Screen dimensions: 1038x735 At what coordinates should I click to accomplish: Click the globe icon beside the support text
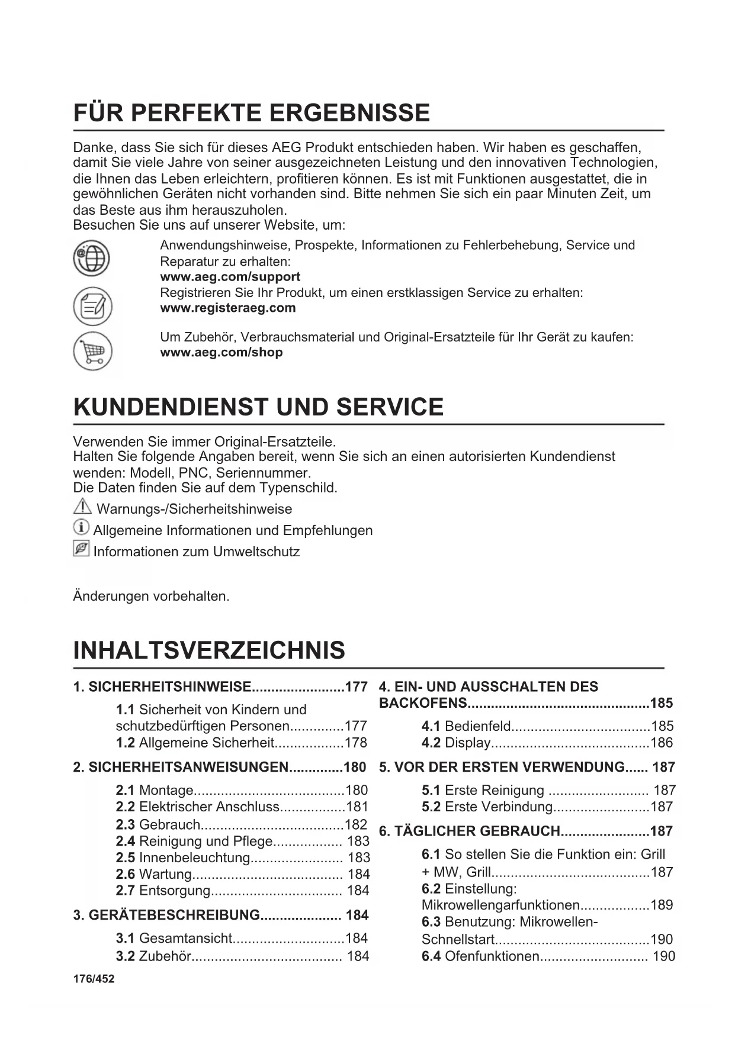pos(91,259)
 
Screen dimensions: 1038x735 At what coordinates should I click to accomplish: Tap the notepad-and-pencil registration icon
pos(92,306)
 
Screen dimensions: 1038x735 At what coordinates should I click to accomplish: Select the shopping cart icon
pos(92,351)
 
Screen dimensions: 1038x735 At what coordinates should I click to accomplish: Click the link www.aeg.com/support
pos(230,277)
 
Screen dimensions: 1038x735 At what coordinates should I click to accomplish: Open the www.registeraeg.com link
pos(228,308)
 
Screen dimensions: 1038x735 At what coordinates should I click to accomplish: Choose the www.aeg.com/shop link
pos(222,352)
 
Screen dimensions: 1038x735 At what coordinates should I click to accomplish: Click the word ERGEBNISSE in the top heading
pos(351,112)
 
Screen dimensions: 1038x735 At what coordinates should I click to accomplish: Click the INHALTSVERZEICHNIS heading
pos(209,650)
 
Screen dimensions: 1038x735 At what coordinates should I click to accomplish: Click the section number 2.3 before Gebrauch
pos(125,824)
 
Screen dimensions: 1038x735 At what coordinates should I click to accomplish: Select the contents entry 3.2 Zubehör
pos(154,956)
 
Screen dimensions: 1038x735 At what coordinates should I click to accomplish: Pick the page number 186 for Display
pos(662,743)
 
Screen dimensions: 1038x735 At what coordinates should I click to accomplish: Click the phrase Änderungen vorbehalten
pos(151,596)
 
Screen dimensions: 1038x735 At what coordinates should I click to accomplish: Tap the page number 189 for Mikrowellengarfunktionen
pos(662,905)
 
